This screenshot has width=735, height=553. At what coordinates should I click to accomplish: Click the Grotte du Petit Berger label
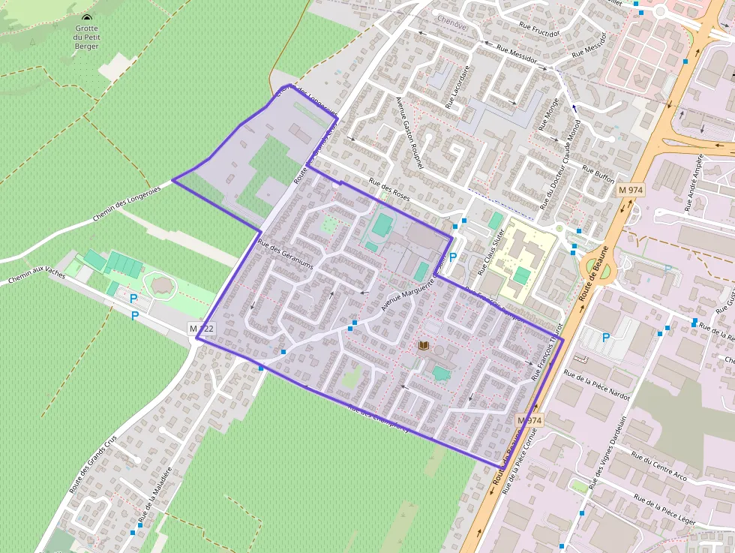(x=88, y=37)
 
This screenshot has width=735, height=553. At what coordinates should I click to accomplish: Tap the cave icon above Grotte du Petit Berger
(x=87, y=18)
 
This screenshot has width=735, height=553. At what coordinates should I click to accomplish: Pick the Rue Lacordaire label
(x=457, y=87)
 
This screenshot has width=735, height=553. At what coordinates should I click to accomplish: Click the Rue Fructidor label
(x=539, y=30)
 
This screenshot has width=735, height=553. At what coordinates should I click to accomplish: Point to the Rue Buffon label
(x=598, y=176)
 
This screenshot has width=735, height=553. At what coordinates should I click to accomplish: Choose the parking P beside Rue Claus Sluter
(x=453, y=256)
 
